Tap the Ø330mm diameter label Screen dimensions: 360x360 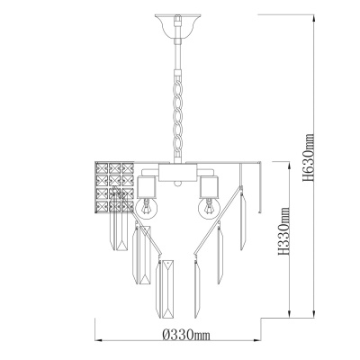(178, 334)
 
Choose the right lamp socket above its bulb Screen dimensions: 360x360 (208, 185)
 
